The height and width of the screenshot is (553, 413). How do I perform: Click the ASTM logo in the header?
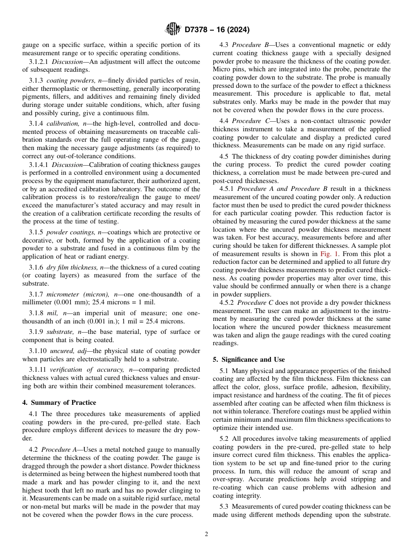(173, 30)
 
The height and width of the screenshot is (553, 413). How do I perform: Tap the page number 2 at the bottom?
(206, 534)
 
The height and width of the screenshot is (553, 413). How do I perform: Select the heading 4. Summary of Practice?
(59, 403)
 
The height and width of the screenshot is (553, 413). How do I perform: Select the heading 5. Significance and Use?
(249, 360)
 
